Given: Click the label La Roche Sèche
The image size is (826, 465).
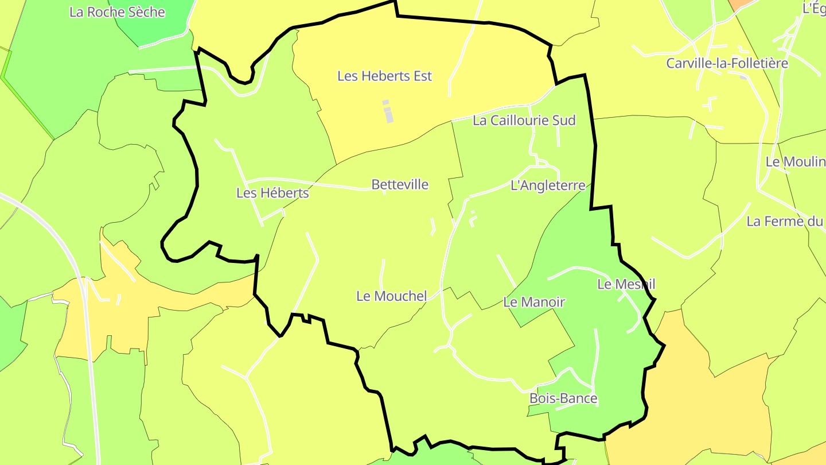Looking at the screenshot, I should point(117,12).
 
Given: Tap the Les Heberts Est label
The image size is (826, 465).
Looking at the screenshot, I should point(384,76).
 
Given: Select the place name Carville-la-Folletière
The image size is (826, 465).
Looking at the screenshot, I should point(727,63).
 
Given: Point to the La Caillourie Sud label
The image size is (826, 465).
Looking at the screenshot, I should point(524,121).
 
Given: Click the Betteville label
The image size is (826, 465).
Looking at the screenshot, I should point(400,184).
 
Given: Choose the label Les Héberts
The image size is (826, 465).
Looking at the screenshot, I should point(272,193).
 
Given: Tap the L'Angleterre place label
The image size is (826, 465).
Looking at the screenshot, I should point(548,185).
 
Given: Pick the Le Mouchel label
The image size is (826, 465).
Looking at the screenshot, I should point(392,296).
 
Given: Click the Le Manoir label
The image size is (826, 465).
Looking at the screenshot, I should point(534,302).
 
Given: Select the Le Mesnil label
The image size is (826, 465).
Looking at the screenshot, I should point(626,284).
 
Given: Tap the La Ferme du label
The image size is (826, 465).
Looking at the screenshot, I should point(784,221).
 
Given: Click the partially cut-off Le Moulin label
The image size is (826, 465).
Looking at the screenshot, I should point(795,162).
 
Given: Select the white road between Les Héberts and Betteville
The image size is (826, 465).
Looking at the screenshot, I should point(338,185).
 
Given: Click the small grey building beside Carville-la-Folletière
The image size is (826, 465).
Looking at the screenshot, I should point(743,76).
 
